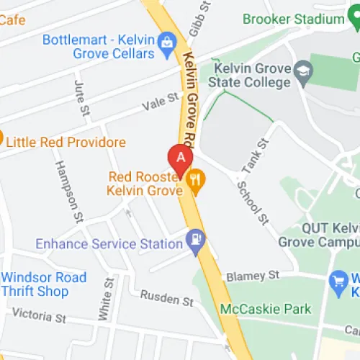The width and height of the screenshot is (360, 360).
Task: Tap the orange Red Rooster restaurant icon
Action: (x=194, y=183)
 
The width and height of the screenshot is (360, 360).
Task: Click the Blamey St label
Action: (x=251, y=276)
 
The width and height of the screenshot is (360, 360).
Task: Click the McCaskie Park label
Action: (x=266, y=309)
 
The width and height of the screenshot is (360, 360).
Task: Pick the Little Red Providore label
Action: (x=66, y=143)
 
